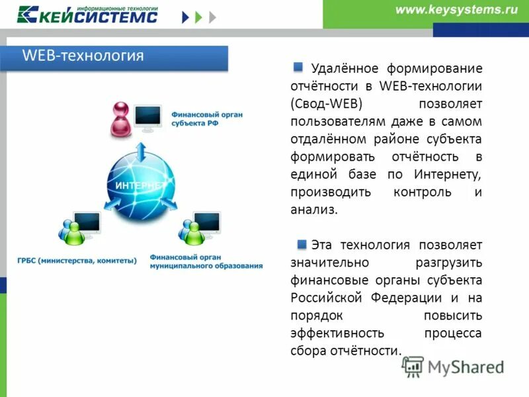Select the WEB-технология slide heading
coord(83,56)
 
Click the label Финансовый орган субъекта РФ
coord(206,118)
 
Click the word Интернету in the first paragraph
coord(448,174)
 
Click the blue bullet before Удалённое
coord(299,67)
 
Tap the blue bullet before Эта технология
coord(302,244)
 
